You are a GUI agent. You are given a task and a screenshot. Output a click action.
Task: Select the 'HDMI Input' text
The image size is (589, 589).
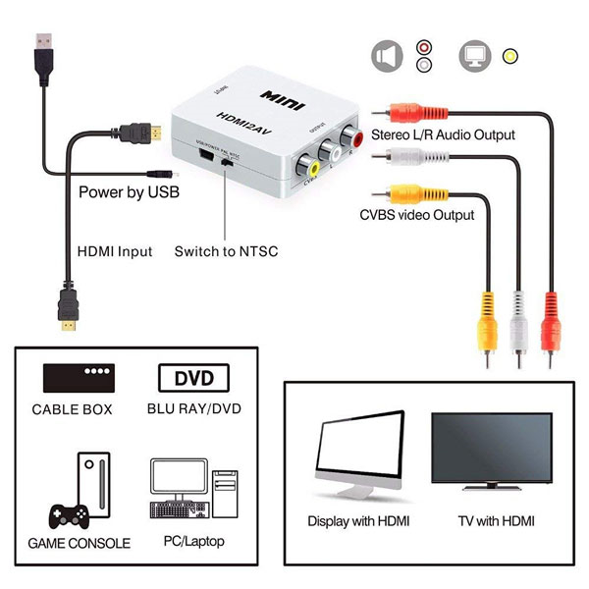(115, 251)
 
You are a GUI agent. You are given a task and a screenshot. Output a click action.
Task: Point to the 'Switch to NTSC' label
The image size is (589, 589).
(226, 251)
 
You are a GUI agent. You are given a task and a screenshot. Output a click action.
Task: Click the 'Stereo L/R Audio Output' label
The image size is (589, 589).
(442, 134)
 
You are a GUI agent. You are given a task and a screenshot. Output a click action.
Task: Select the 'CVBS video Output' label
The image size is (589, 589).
(416, 214)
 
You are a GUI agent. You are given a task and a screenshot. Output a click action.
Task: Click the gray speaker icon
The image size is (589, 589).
(387, 55)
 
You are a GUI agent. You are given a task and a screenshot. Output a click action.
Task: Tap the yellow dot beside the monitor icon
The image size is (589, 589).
(509, 55)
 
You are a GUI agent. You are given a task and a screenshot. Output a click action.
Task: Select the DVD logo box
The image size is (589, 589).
(192, 377)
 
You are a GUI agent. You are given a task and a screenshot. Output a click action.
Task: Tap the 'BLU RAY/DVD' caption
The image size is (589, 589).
(193, 409)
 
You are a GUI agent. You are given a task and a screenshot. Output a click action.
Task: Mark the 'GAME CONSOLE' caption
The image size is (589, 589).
(79, 543)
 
